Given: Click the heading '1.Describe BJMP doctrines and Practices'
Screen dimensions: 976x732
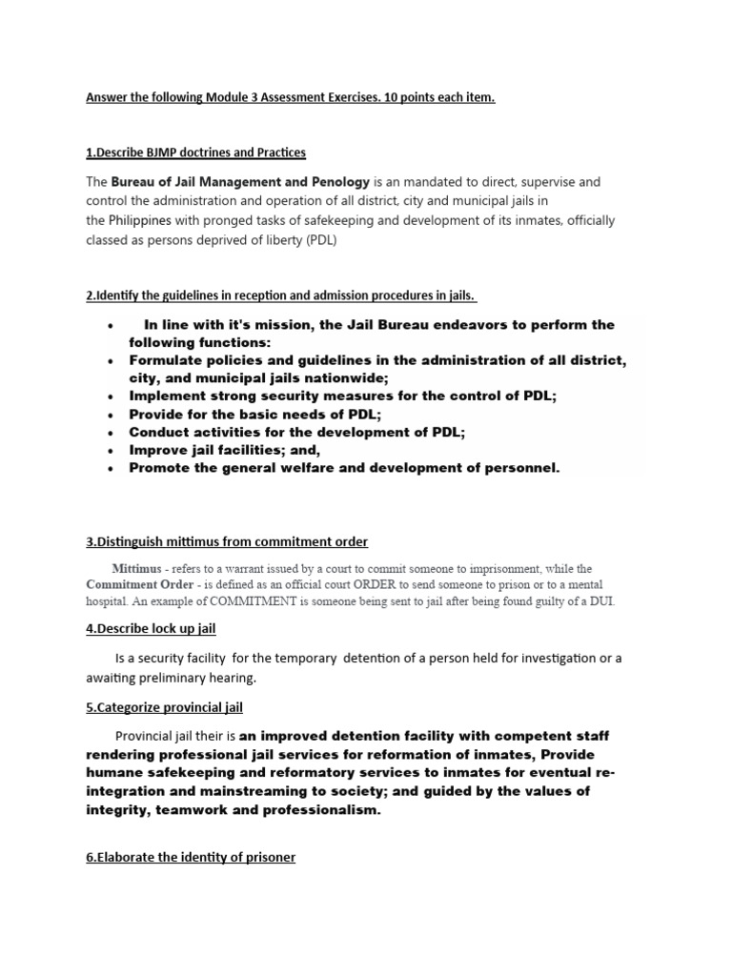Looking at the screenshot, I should point(195,152).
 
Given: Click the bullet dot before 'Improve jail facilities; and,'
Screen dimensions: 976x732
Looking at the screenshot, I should point(111,451).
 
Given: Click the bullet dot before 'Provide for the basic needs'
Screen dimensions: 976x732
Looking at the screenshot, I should point(111,415).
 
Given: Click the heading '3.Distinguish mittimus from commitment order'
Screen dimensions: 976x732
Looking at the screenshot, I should point(227,541).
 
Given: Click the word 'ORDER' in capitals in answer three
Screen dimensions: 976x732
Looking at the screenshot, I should point(354,584).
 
